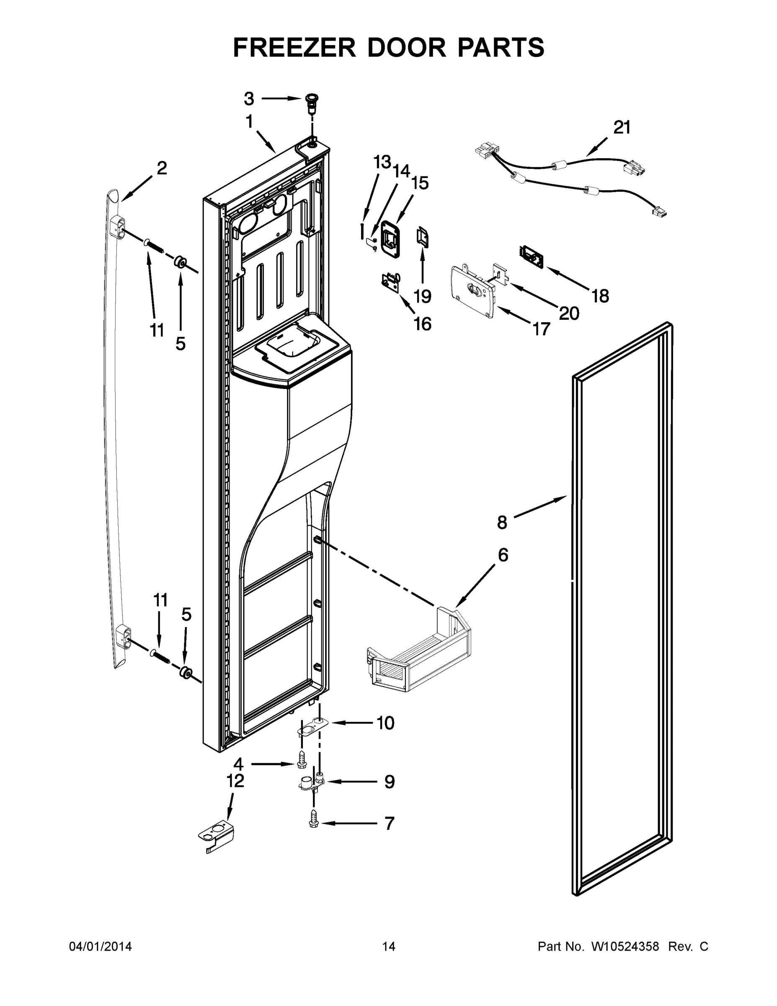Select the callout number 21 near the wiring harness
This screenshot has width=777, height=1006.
pyautogui.click(x=622, y=127)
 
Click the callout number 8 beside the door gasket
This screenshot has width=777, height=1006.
pyautogui.click(x=502, y=522)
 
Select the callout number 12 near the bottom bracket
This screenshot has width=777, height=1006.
pyautogui.click(x=235, y=780)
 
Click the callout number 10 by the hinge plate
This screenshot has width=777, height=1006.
pyautogui.click(x=385, y=723)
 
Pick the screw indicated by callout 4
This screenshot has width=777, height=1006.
pyautogui.click(x=301, y=762)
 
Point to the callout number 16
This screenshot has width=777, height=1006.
pyautogui.click(x=423, y=324)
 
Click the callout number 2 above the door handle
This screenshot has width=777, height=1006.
pyautogui.click(x=162, y=169)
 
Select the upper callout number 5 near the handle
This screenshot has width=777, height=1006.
pyautogui.click(x=181, y=343)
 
